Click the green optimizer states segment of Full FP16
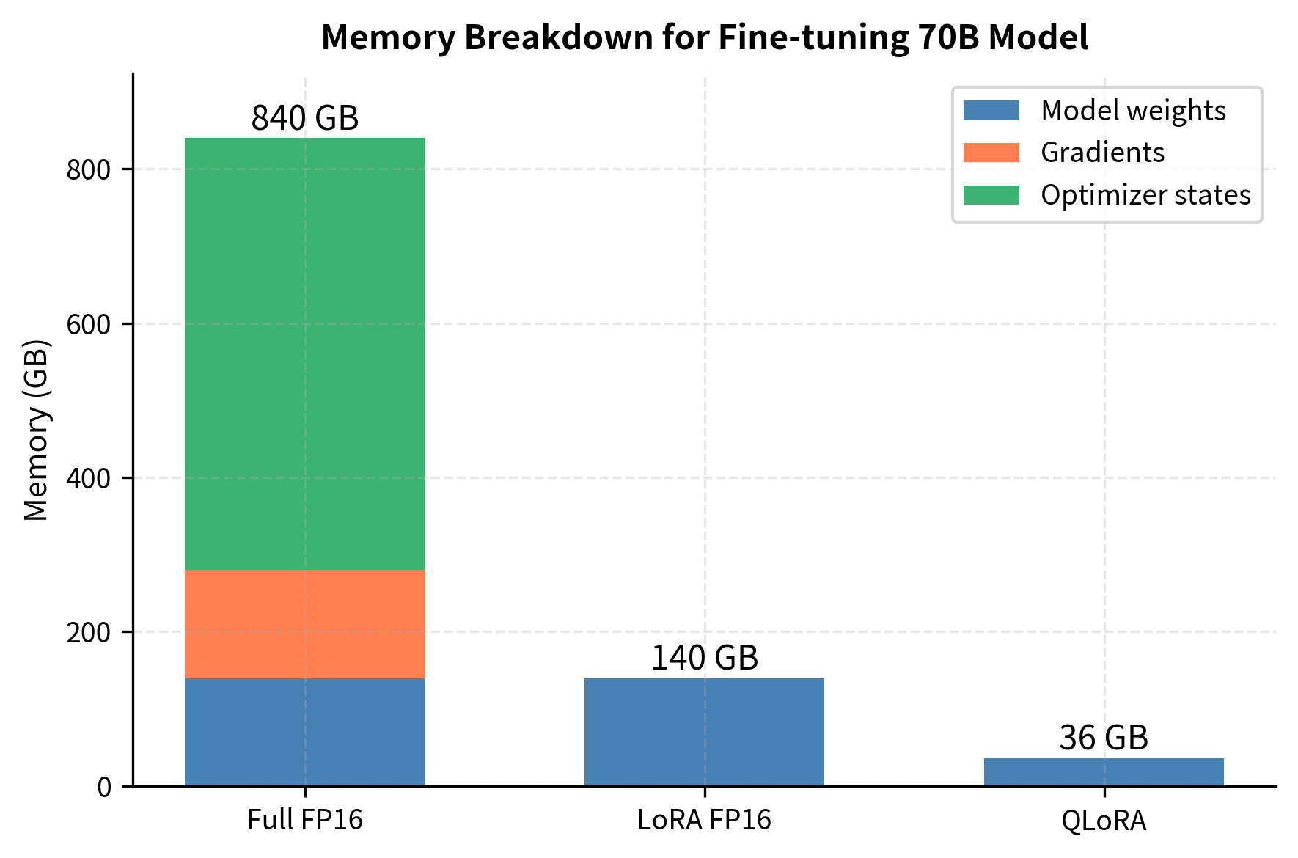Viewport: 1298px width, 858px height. [304, 353]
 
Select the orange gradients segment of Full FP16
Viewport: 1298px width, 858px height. [304, 624]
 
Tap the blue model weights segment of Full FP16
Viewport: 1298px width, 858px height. [304, 732]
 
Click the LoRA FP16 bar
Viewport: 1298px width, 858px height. [704, 732]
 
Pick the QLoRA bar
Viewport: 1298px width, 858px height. [1104, 772]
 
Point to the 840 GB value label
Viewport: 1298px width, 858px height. [305, 118]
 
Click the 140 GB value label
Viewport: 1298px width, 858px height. [705, 658]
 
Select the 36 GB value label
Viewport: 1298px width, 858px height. [1104, 738]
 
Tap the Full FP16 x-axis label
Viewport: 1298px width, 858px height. [305, 820]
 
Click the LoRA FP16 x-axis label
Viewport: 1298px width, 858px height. [704, 820]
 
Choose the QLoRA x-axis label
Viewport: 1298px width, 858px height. [1104, 820]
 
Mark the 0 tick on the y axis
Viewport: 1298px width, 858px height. [104, 787]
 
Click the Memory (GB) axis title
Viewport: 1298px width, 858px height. [37, 430]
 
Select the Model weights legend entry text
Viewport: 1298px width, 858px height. [1133, 111]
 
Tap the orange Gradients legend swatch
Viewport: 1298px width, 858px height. [991, 153]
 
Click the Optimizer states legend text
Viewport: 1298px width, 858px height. [1145, 195]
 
